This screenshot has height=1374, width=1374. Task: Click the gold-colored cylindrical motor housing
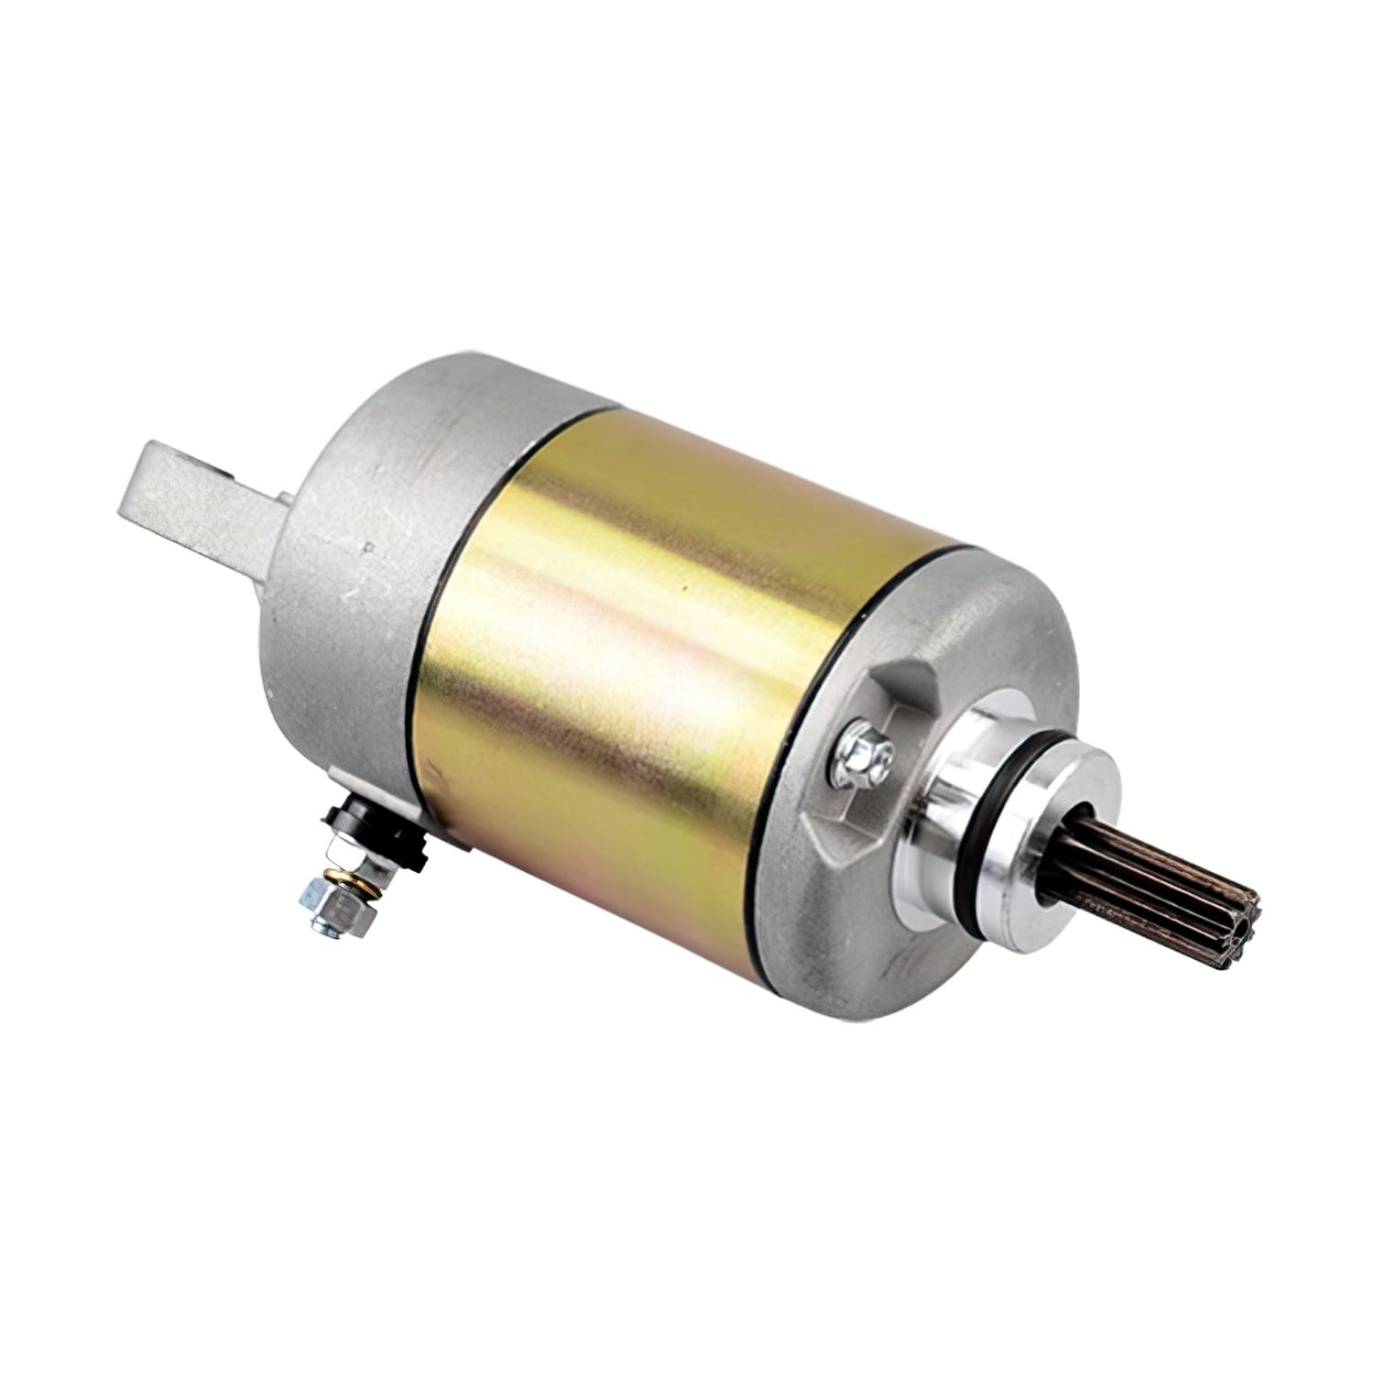tap(641, 641)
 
